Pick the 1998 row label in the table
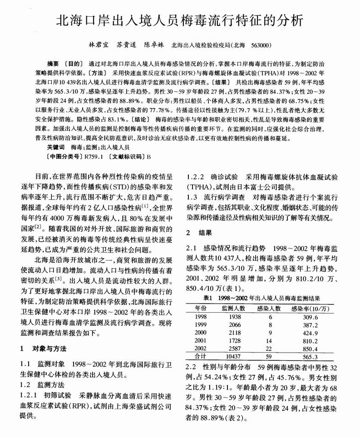pyautogui.click(x=200, y=316)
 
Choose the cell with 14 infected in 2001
pyautogui.click(x=270, y=340)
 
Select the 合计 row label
pyautogui.click(x=200, y=357)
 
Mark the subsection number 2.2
pyautogui.click(x=192, y=367)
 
